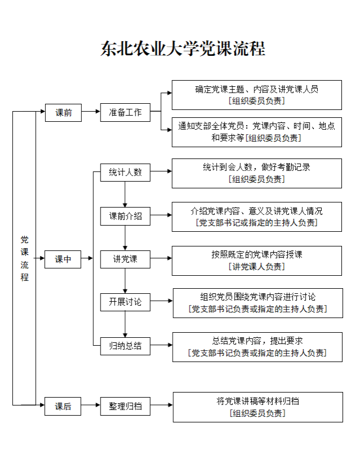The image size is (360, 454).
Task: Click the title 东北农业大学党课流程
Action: pyautogui.click(x=182, y=49)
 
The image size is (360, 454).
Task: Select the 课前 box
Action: pyautogui.click(x=63, y=112)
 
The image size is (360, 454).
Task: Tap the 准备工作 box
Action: pyautogui.click(x=125, y=112)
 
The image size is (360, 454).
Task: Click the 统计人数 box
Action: pyautogui.click(x=125, y=173)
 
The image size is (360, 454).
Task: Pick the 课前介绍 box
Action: pyautogui.click(x=125, y=216)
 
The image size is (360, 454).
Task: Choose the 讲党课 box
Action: pyautogui.click(x=125, y=259)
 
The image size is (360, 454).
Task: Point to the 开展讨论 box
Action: pyautogui.click(x=125, y=302)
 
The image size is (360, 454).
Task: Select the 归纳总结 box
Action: pyautogui.click(x=125, y=345)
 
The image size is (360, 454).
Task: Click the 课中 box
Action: pyautogui.click(x=63, y=259)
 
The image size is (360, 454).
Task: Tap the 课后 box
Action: pyautogui.click(x=63, y=405)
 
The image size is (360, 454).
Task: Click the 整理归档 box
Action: pyautogui.click(x=125, y=405)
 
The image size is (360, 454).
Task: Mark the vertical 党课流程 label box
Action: pyautogui.click(x=24, y=258)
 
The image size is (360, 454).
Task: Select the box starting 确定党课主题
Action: pyautogui.click(x=257, y=95)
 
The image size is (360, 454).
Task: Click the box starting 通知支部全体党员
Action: pyautogui.click(x=257, y=132)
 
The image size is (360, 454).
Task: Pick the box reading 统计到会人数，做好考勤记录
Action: pyautogui.click(x=257, y=173)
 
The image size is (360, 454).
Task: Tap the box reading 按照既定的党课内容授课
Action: pyautogui.click(x=257, y=261)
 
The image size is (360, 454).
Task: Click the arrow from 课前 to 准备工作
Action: pyautogui.click(x=91, y=112)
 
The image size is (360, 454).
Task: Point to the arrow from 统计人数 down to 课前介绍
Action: pyautogui.click(x=125, y=194)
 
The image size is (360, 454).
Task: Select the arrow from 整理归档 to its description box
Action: pyautogui.click(x=161, y=405)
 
